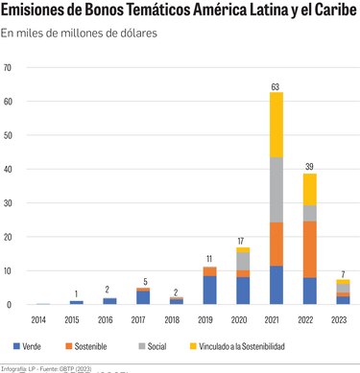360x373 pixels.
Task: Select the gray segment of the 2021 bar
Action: click(276, 190)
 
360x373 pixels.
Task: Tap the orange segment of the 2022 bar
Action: click(309, 249)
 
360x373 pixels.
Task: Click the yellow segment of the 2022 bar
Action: click(309, 188)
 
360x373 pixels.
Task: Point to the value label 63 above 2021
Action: click(276, 87)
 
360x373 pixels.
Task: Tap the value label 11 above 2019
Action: click(209, 259)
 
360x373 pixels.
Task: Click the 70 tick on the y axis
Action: click(9, 68)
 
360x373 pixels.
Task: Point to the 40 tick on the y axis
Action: click(9, 170)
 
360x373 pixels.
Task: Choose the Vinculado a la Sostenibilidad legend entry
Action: click(239, 345)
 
